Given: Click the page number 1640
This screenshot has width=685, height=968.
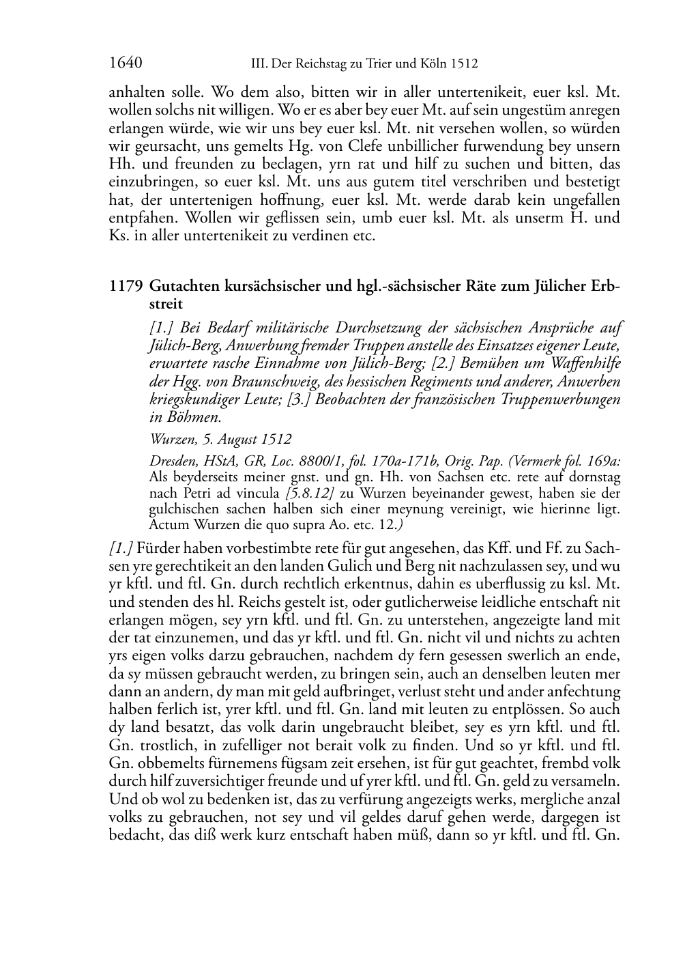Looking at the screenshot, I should pos(125,63).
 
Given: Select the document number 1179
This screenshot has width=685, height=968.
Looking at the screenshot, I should pos(125,286).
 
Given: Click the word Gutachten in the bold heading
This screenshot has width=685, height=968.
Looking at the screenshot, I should pos(184,286).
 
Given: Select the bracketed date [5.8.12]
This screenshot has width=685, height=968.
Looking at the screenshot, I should pos(312,494).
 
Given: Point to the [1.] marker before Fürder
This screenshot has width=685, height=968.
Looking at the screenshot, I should pos(121,548).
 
